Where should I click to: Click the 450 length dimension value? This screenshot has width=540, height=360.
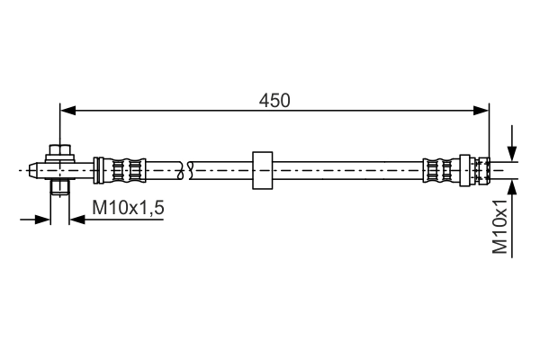(x=274, y=100)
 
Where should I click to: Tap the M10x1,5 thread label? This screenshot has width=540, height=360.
(x=128, y=209)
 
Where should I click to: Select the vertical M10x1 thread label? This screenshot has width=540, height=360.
(x=500, y=229)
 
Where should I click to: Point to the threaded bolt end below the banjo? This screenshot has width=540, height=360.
(x=59, y=188)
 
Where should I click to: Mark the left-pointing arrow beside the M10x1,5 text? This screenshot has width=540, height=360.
(x=77, y=219)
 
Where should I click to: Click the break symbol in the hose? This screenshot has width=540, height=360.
(x=188, y=169)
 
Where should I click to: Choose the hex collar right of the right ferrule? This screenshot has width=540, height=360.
(x=465, y=169)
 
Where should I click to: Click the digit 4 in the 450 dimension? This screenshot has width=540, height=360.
(x=265, y=100)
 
